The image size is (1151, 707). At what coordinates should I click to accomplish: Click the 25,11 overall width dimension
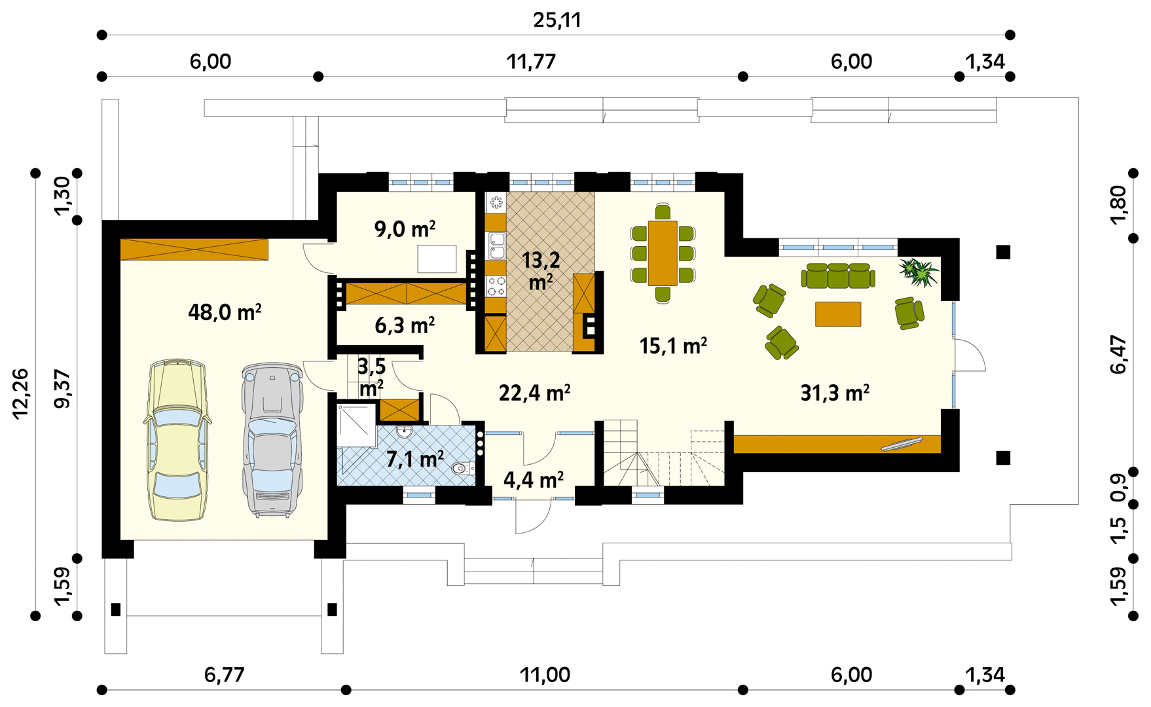tap(557, 20)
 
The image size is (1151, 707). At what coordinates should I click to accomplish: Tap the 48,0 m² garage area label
tap(225, 312)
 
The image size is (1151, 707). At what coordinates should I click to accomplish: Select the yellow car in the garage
tap(177, 439)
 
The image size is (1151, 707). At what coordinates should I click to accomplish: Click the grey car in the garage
tap(272, 440)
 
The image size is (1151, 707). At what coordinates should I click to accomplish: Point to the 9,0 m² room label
tap(405, 229)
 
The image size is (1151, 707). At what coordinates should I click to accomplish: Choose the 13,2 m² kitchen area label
tap(541, 270)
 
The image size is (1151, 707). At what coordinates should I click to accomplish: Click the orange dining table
tap(663, 253)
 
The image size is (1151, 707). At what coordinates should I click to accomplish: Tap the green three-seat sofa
tap(838, 276)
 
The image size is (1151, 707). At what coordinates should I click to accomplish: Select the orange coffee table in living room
tap(838, 314)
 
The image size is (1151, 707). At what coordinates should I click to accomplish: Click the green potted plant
tap(919, 272)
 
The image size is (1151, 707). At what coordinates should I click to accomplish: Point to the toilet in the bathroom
tap(463, 468)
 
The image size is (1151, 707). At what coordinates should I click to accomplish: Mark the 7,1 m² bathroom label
tap(415, 459)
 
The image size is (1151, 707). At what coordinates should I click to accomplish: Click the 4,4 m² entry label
tap(533, 480)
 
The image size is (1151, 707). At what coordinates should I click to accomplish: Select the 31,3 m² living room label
tap(835, 393)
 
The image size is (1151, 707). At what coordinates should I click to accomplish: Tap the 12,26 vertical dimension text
tap(20, 393)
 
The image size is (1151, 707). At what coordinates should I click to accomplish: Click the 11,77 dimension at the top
tap(531, 62)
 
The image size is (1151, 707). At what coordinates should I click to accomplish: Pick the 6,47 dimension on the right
tap(1118, 354)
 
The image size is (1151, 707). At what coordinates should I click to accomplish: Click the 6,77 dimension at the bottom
tap(225, 675)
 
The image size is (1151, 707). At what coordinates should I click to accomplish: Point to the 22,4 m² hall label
tap(534, 393)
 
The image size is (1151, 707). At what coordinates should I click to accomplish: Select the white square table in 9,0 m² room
tap(437, 259)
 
